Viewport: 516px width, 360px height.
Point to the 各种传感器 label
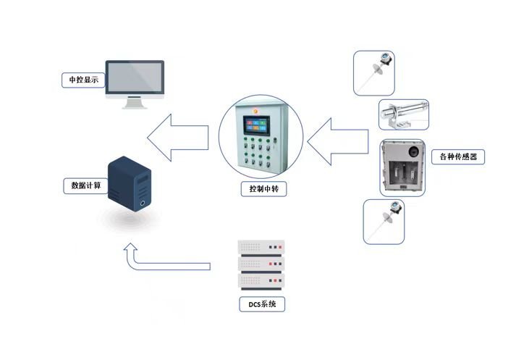coord(457,156)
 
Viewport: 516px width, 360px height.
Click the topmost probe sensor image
coord(375,72)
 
